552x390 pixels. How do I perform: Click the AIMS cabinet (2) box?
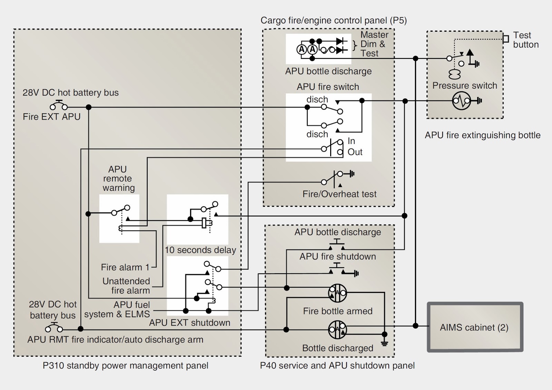pos(475,327)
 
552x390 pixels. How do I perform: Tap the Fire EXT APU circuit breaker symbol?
pos(59,105)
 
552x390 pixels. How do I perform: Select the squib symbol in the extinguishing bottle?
pos(461,101)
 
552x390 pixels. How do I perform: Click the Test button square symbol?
pos(506,39)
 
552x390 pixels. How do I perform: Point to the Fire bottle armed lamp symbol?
pos(337,293)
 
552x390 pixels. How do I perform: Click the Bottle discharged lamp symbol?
pos(337,330)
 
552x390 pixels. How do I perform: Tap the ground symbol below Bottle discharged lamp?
pos(384,343)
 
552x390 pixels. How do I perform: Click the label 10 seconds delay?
pos(200,250)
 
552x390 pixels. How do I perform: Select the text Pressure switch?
pos(464,85)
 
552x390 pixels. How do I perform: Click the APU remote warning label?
pos(118,178)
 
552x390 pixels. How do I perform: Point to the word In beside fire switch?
pos(351,141)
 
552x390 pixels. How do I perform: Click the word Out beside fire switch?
pos(355,152)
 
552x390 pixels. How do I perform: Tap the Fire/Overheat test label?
pos(339,194)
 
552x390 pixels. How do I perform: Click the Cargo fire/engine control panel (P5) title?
pos(333,20)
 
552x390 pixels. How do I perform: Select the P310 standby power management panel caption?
pos(125,366)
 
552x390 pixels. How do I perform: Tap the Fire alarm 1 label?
pos(125,267)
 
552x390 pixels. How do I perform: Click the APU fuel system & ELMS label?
pos(117,309)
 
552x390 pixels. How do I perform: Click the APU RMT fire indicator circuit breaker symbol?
pos(54,327)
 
